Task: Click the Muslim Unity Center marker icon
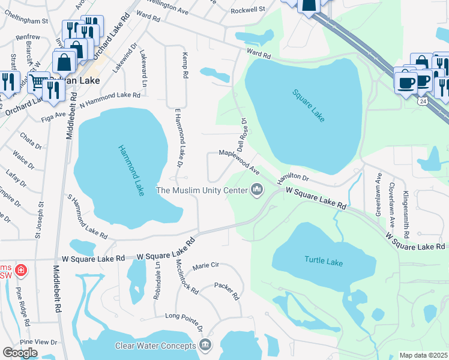[258, 190]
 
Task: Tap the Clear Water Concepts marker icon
[205, 344]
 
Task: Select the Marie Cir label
[206, 265]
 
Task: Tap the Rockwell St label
[248, 10]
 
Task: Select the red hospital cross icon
[20, 271]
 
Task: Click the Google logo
[20, 353]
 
